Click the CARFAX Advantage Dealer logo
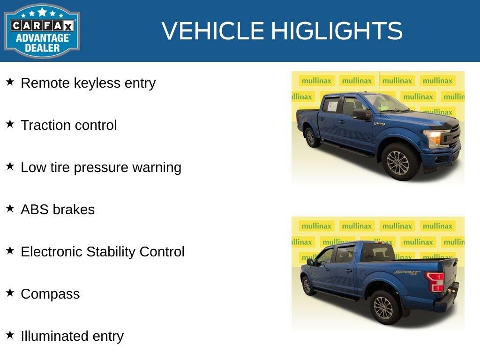point(42,31)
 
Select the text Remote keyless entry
point(88,83)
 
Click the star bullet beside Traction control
point(10,124)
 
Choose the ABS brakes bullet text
point(58,210)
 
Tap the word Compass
point(50,294)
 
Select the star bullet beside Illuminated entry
point(10,335)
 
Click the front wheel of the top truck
point(397,162)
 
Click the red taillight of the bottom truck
point(435,282)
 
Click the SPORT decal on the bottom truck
point(406,272)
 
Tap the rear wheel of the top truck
point(310,137)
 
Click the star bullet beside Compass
point(10,293)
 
